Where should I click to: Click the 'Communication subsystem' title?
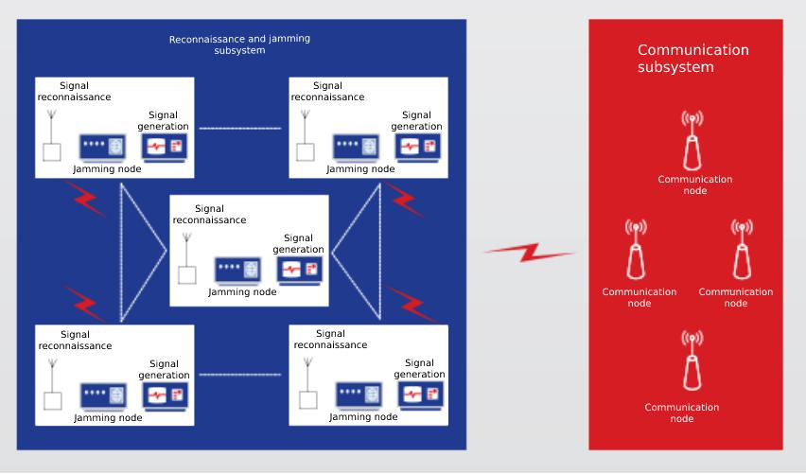[x=692, y=58]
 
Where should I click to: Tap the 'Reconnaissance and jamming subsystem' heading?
[x=239, y=44]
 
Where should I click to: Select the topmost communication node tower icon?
[x=692, y=140]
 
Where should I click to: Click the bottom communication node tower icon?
[x=692, y=360]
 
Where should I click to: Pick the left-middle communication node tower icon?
[x=636, y=250]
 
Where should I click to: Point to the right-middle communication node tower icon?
[x=742, y=250]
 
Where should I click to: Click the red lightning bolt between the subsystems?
[x=530, y=252]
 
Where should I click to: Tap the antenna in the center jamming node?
[x=187, y=258]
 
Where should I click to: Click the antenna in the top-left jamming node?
[x=51, y=135]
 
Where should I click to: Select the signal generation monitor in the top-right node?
[x=417, y=148]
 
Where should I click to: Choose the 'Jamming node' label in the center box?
[x=242, y=292]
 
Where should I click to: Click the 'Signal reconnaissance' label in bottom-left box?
[x=75, y=340]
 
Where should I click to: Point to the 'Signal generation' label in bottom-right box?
[x=419, y=369]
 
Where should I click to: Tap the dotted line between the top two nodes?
[x=240, y=128]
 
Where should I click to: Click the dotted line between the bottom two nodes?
[x=240, y=375]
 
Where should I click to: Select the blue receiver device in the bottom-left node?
[x=103, y=397]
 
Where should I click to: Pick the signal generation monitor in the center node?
[x=299, y=271]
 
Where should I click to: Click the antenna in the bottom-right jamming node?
[x=307, y=383]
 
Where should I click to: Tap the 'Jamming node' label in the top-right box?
[x=360, y=168]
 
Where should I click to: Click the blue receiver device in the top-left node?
[x=102, y=149]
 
